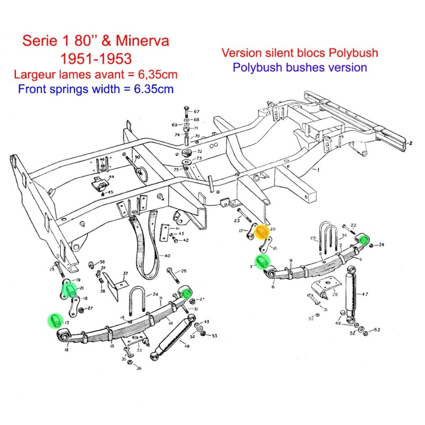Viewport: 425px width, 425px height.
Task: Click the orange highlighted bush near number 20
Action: click(261, 232)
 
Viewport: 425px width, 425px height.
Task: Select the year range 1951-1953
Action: click(96, 57)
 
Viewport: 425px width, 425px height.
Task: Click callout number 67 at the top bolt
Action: click(197, 112)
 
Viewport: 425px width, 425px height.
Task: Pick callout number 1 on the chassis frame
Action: click(317, 170)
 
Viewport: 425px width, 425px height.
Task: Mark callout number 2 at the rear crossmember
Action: click(411, 143)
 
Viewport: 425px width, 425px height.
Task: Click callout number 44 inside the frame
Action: click(112, 176)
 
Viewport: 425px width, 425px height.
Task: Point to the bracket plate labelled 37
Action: click(113, 284)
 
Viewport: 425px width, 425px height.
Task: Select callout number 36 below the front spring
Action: click(139, 369)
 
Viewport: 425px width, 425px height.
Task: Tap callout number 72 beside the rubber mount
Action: click(199, 151)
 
